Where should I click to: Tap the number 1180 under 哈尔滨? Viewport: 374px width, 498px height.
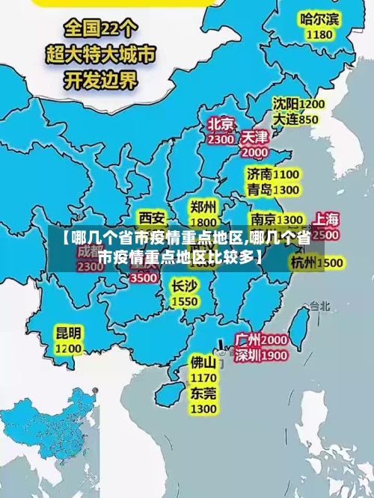(x=319, y=34)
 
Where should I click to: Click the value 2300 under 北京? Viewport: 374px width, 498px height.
(x=221, y=139)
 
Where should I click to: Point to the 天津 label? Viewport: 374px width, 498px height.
(x=255, y=138)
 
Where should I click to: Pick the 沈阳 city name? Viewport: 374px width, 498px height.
(x=285, y=104)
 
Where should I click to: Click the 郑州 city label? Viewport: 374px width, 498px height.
(x=203, y=206)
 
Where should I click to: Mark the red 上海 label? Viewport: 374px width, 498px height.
(x=326, y=220)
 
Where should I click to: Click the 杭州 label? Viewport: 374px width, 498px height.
(x=304, y=262)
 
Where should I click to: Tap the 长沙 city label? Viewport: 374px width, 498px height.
(x=184, y=286)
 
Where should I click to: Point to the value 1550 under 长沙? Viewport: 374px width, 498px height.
(x=185, y=301)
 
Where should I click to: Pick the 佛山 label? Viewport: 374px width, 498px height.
(x=203, y=362)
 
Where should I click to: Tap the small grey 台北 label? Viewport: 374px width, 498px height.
(x=319, y=305)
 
